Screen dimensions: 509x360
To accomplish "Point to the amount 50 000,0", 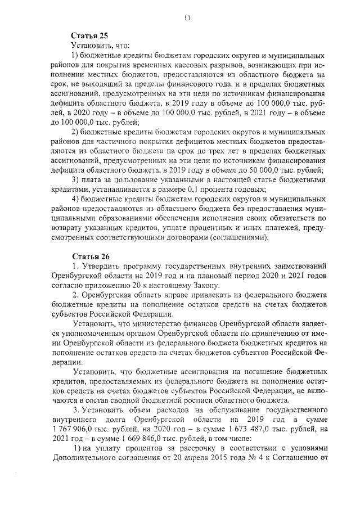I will click(x=254, y=171).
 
